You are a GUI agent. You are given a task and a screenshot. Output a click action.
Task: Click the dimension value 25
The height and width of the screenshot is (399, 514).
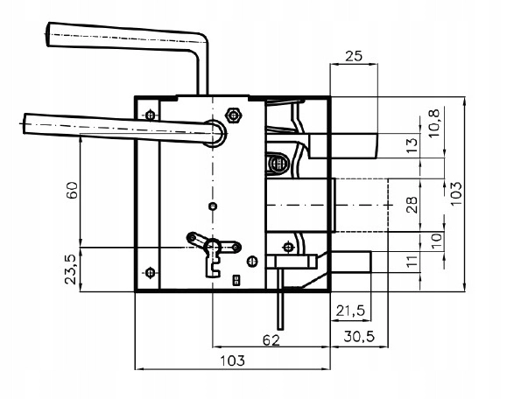tap(354, 56)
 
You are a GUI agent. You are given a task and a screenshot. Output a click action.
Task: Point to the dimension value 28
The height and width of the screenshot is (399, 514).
tap(412, 205)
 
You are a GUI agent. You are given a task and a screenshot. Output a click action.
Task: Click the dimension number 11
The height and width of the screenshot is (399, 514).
tap(412, 261)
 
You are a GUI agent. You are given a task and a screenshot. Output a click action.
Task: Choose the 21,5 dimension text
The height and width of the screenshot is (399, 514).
tap(350, 311)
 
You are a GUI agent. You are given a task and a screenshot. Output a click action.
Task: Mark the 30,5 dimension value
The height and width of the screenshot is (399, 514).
tap(359, 336)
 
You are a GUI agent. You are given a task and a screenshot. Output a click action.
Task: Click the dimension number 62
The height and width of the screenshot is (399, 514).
tap(271, 340)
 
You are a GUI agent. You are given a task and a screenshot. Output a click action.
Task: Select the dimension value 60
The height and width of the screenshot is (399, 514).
tap(72, 190)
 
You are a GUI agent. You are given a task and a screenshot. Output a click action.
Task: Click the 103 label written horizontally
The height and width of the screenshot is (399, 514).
tap(232, 360)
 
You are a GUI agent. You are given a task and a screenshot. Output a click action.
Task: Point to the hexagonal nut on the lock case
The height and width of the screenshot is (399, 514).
tap(234, 115)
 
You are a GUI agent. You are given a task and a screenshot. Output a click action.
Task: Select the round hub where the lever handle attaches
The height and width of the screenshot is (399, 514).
tap(215, 133)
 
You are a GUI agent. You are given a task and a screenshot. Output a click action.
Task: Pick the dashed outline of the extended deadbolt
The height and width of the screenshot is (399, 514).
tap(362, 205)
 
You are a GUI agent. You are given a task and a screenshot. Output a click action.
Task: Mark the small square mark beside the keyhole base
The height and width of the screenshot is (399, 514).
tap(236, 280)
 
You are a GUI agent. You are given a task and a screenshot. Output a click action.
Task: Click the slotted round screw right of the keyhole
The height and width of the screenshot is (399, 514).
tap(252, 261)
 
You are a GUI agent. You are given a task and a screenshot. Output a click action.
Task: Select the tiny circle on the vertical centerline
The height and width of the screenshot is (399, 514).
tap(213, 206)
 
